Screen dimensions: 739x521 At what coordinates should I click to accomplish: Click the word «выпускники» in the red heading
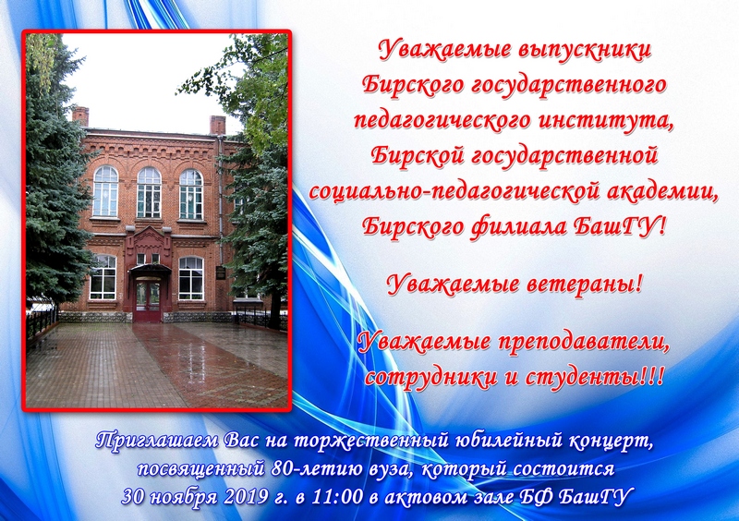(x=584, y=50)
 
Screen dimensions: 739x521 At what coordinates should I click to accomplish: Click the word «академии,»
(x=660, y=191)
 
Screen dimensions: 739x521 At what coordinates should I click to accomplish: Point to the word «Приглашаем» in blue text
(x=157, y=441)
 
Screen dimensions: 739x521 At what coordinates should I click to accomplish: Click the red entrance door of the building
(x=148, y=301)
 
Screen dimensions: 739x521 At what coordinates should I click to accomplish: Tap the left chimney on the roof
(x=80, y=116)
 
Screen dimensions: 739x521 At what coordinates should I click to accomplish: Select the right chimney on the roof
(x=217, y=125)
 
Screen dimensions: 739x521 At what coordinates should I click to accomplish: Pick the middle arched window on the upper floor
(x=149, y=192)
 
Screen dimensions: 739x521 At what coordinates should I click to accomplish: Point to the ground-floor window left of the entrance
(x=103, y=277)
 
